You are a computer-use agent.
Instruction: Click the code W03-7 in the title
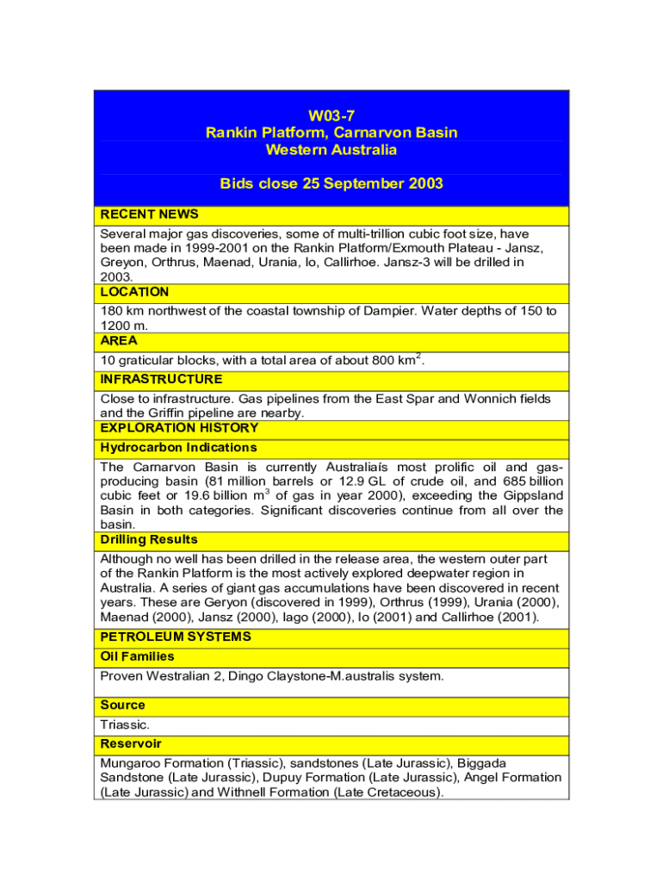pyautogui.click(x=331, y=115)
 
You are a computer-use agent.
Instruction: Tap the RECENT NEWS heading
pyautogui.click(x=149, y=214)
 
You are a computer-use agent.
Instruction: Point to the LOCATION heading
pyautogui.click(x=134, y=292)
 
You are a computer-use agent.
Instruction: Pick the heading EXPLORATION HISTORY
pyautogui.click(x=179, y=428)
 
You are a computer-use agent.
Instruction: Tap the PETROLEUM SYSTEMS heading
pyautogui.click(x=176, y=637)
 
